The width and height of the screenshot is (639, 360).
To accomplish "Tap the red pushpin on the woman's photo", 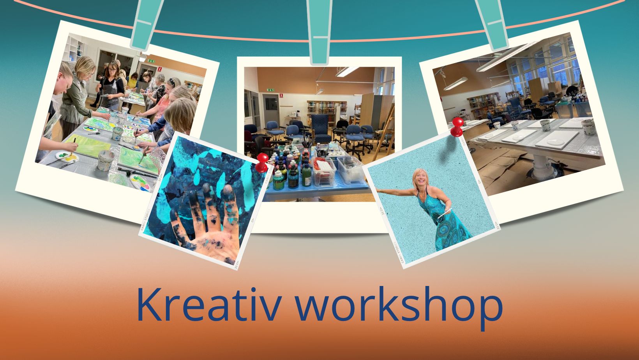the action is click(457, 127).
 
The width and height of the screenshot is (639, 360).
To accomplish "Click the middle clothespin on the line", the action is click(320, 32).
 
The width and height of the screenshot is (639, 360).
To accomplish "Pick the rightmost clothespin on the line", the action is click(491, 25).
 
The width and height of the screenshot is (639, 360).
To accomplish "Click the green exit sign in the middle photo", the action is click(270, 90).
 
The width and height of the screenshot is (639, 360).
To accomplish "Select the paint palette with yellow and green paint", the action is click(67, 156).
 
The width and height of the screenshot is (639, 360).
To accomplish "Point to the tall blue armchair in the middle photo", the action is click(321, 129).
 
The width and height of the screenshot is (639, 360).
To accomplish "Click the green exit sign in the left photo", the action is click(151, 61).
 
